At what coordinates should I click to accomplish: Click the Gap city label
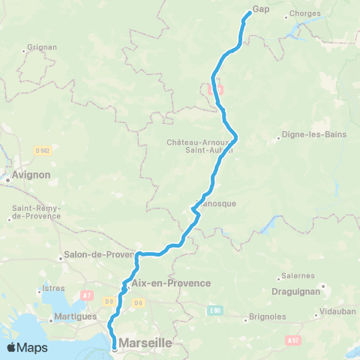pyautogui.click(x=260, y=9)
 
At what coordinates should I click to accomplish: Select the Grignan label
pyautogui.click(x=36, y=46)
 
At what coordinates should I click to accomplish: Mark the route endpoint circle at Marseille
pyautogui.click(x=115, y=348)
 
